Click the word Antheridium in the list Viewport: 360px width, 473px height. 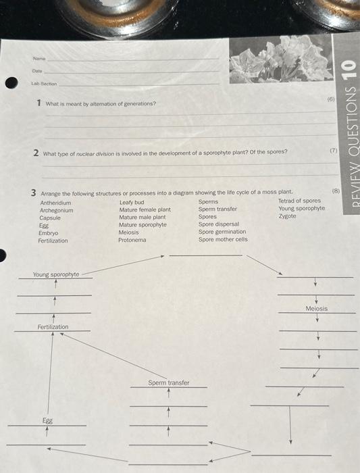[55, 202]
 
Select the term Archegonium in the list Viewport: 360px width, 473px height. [56, 209]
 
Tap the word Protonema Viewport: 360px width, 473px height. [132, 240]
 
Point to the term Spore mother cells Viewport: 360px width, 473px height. [223, 239]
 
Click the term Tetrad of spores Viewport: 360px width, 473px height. [299, 201]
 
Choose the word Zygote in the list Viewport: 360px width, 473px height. [287, 216]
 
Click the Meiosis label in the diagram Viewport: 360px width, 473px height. [316, 309]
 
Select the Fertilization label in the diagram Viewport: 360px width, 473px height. [53, 327]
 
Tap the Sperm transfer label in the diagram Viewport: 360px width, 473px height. [169, 383]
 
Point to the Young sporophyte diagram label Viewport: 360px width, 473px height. [56, 275]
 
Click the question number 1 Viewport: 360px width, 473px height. [39, 103]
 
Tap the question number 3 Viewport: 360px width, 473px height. [33, 193]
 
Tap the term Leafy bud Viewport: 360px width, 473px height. [132, 202]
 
